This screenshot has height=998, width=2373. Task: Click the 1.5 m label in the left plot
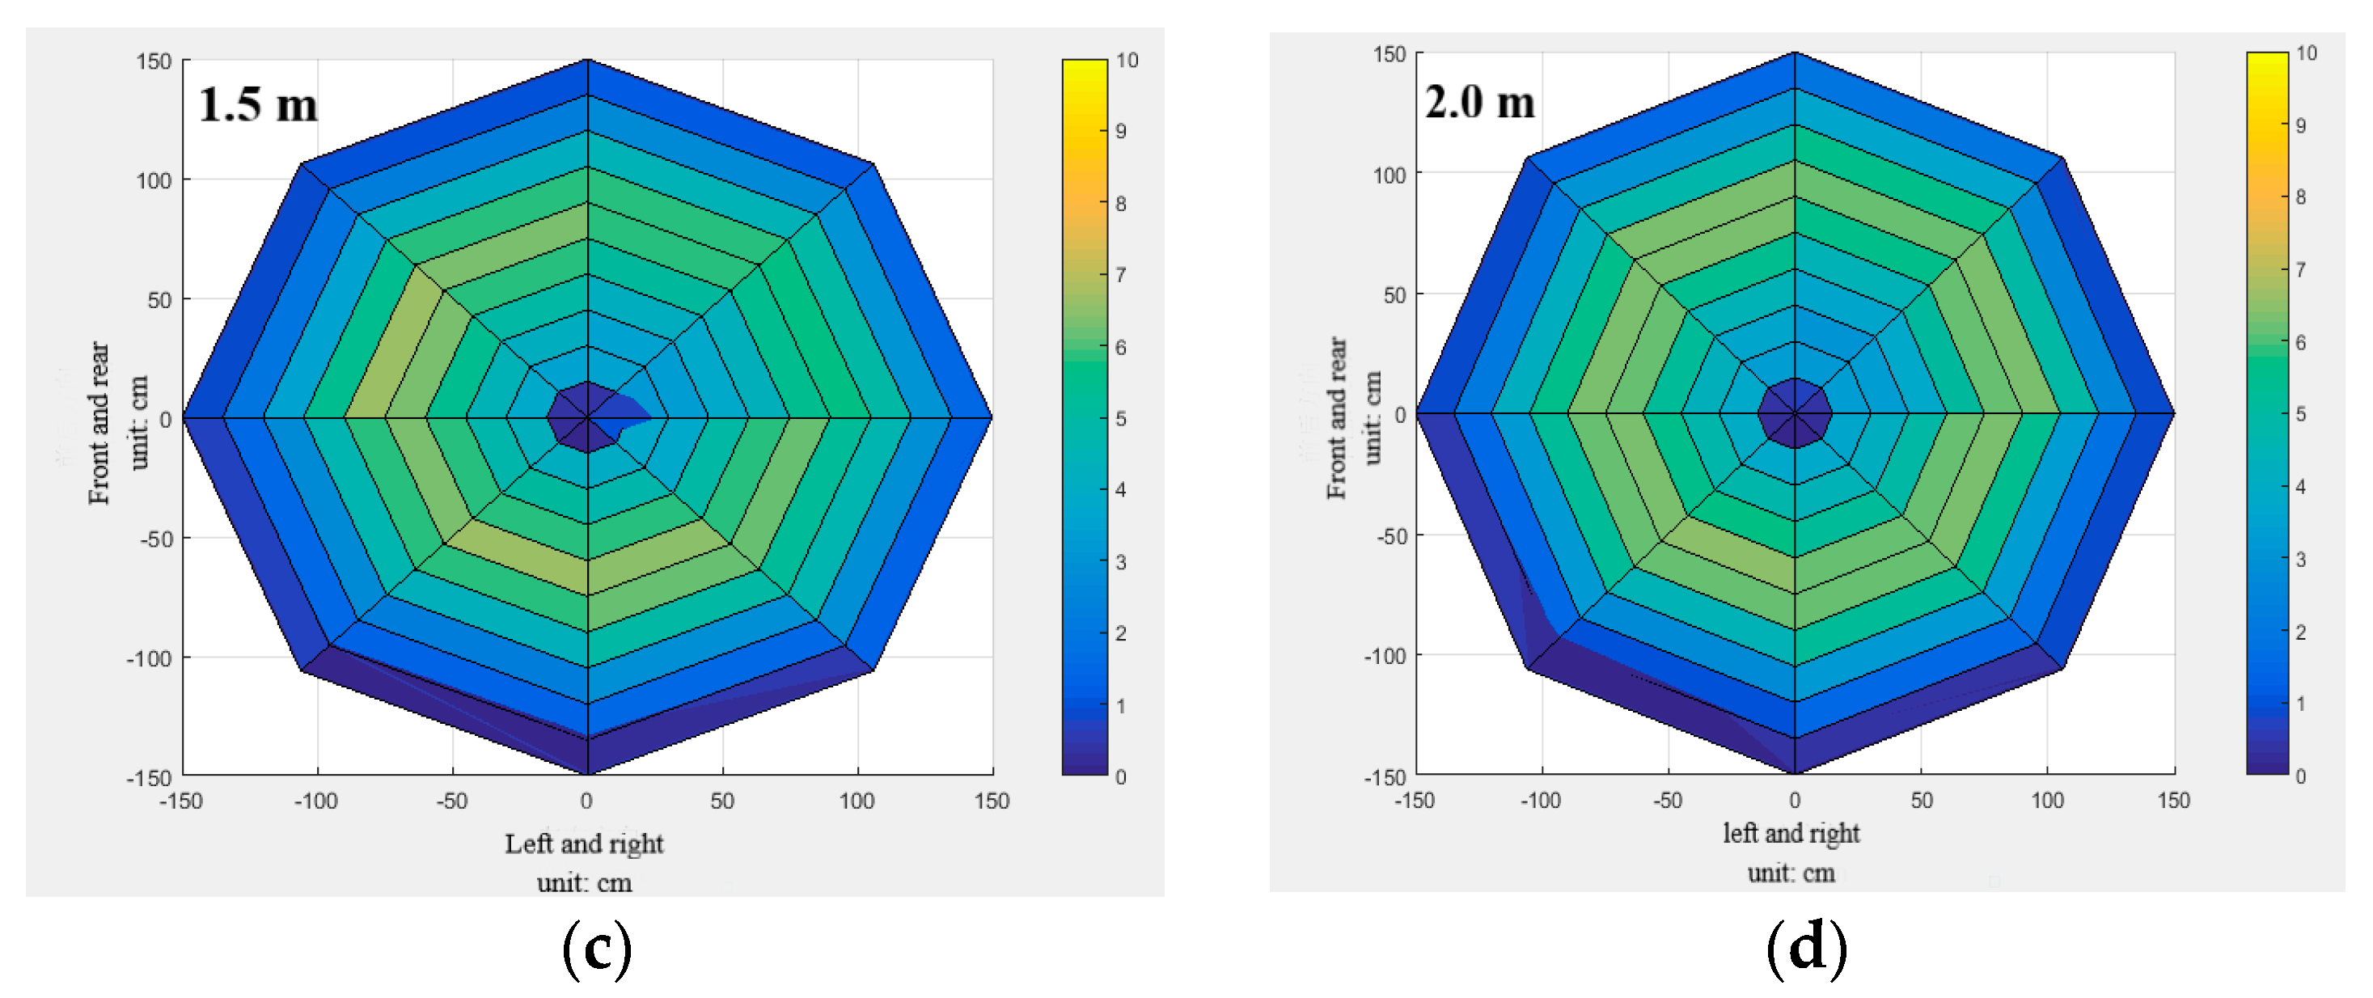click(258, 104)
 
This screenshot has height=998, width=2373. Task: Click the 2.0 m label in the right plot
click(1479, 101)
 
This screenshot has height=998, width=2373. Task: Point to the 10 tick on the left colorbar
click(1127, 61)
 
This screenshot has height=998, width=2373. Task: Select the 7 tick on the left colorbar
click(1120, 275)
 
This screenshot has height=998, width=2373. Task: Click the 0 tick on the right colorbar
click(2300, 776)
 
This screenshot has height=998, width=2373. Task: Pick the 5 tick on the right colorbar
click(2300, 415)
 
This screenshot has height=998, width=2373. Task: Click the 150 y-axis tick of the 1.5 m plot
click(154, 61)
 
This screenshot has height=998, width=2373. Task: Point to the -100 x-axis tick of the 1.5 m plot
click(316, 801)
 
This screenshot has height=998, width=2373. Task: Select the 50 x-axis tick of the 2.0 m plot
click(1921, 800)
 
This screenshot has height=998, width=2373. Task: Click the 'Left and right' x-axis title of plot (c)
click(584, 844)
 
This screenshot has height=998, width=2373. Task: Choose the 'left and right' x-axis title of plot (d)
click(1791, 833)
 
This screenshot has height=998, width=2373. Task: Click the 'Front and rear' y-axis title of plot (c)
click(99, 423)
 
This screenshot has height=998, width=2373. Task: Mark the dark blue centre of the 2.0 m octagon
click(1795, 414)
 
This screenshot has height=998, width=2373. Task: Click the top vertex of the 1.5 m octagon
click(587, 61)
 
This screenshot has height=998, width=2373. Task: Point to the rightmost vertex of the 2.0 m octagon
click(2173, 414)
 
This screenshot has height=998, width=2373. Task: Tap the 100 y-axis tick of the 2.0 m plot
click(1390, 174)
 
